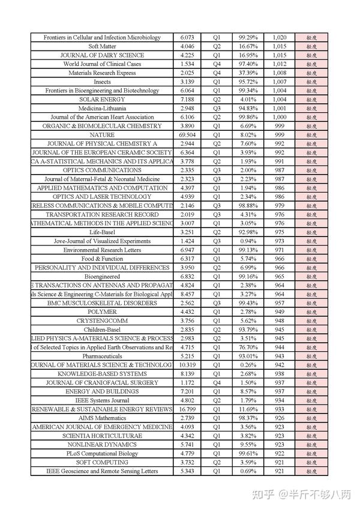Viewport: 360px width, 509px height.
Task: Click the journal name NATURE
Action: point(102,135)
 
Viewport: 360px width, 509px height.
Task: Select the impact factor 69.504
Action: point(187,135)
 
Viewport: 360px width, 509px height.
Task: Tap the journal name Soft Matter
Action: point(102,46)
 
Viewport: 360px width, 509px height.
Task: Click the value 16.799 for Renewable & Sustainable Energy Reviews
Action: point(187,409)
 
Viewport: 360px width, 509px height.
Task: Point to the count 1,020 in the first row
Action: point(279,37)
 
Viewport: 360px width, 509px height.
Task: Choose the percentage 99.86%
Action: point(248,117)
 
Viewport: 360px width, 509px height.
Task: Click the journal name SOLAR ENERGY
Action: point(102,99)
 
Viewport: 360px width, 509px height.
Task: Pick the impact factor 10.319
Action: point(187,365)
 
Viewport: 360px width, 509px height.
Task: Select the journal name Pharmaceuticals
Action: point(102,356)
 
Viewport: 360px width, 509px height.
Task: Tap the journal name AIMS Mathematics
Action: point(102,418)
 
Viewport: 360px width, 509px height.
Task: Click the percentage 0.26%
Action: point(248,365)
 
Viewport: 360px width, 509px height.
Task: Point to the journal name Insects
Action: point(102,82)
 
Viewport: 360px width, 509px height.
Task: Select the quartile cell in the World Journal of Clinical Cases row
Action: point(217,64)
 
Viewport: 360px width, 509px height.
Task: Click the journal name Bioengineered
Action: point(102,277)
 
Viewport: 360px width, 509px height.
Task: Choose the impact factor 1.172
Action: point(187,382)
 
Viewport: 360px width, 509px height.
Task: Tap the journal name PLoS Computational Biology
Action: point(102,454)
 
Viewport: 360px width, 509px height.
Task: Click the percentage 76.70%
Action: point(248,347)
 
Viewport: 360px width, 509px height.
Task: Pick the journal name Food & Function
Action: point(102,259)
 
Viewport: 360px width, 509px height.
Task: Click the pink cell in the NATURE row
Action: point(311,135)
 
